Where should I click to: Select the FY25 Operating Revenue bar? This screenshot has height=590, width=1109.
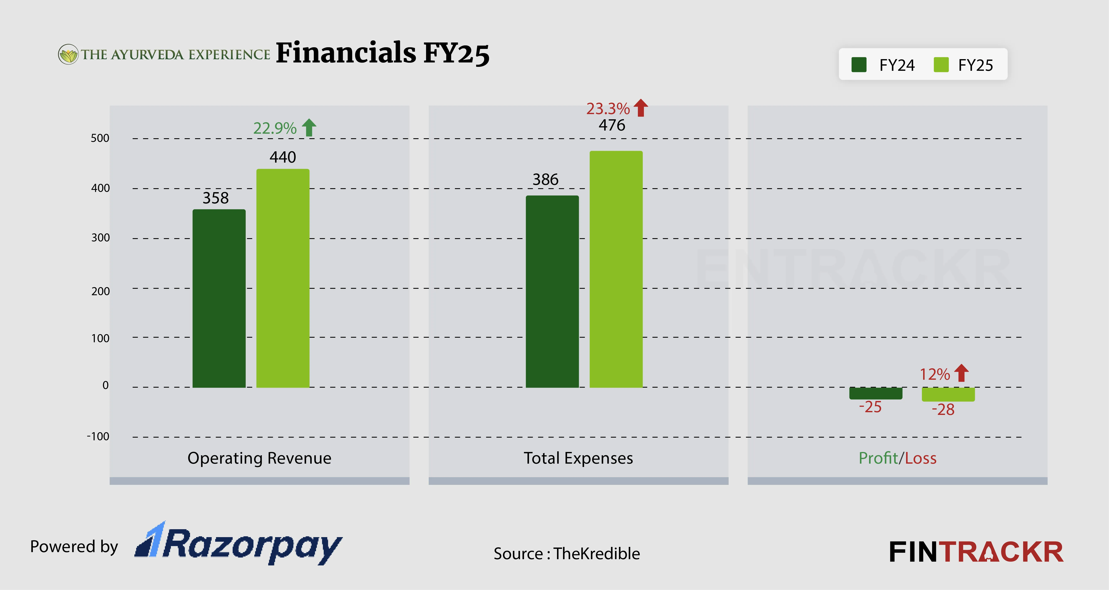tap(283, 278)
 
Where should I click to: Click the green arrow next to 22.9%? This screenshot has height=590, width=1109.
tap(309, 128)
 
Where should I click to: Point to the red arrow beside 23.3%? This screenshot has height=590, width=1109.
tap(641, 108)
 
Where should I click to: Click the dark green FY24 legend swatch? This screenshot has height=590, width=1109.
tap(859, 65)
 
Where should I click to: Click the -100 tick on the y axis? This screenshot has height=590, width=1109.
tap(98, 437)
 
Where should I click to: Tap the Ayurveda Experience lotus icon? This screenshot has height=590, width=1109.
tap(68, 54)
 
